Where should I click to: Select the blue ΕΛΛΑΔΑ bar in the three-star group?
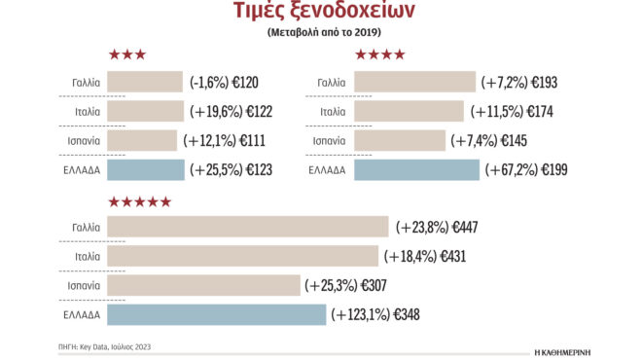pyautogui.click(x=145, y=170)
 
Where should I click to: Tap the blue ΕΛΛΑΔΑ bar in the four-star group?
pyautogui.click(x=416, y=170)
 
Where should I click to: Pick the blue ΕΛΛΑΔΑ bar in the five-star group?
pyautogui.click(x=216, y=315)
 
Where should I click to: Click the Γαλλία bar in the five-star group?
pyautogui.click(x=247, y=228)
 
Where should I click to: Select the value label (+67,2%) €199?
pyautogui.click(x=526, y=170)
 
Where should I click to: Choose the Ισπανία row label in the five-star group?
pyautogui.click(x=85, y=286)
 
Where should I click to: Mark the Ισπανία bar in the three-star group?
pyautogui.click(x=142, y=141)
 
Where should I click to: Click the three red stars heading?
pyautogui.click(x=127, y=54)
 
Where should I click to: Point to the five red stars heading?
pyautogui.click(x=140, y=201)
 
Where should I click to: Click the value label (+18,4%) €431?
pyautogui.click(x=428, y=257)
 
